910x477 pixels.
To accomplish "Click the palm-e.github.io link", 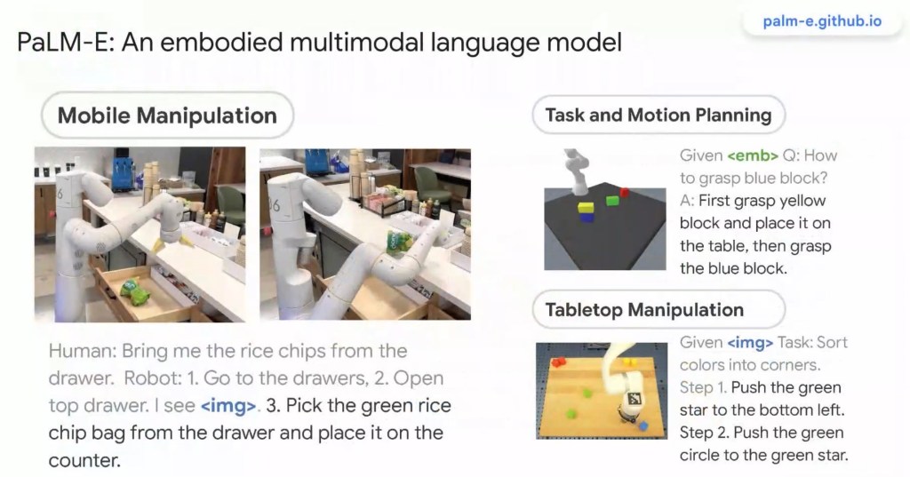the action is coord(822,21).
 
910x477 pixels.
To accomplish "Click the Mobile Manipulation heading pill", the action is coord(167,115).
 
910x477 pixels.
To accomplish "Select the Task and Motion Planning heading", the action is coord(659,115).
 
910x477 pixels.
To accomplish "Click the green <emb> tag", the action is coord(752,155).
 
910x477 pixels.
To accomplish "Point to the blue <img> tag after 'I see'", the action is coord(228,406).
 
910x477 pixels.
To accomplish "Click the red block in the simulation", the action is coord(625,192).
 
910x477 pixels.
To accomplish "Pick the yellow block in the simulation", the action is coord(587,207).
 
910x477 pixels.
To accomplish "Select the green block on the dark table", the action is coord(612,201).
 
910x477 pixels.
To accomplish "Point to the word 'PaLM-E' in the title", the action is coord(65,43).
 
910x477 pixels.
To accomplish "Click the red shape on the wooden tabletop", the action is coord(558,362).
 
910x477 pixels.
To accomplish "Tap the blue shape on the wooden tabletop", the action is coord(643,426).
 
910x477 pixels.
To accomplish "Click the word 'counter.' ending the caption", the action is coord(84,461).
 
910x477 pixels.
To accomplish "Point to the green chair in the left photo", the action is coord(230,204).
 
